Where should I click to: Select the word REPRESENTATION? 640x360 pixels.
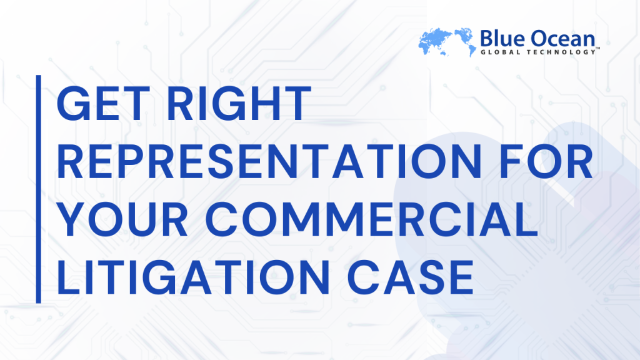tap(269, 161)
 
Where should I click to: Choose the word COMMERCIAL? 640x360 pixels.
tap(371, 219)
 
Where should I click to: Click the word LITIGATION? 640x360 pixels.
tap(193, 277)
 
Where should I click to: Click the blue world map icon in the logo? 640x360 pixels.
tap(447, 42)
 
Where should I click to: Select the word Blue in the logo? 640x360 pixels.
tap(502, 39)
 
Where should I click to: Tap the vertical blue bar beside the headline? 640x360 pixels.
tap(39, 189)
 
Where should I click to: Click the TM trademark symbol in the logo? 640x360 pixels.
tap(597, 48)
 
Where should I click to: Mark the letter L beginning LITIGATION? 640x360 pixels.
tap(68, 277)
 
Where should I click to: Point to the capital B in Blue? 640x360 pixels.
tap(486, 39)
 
